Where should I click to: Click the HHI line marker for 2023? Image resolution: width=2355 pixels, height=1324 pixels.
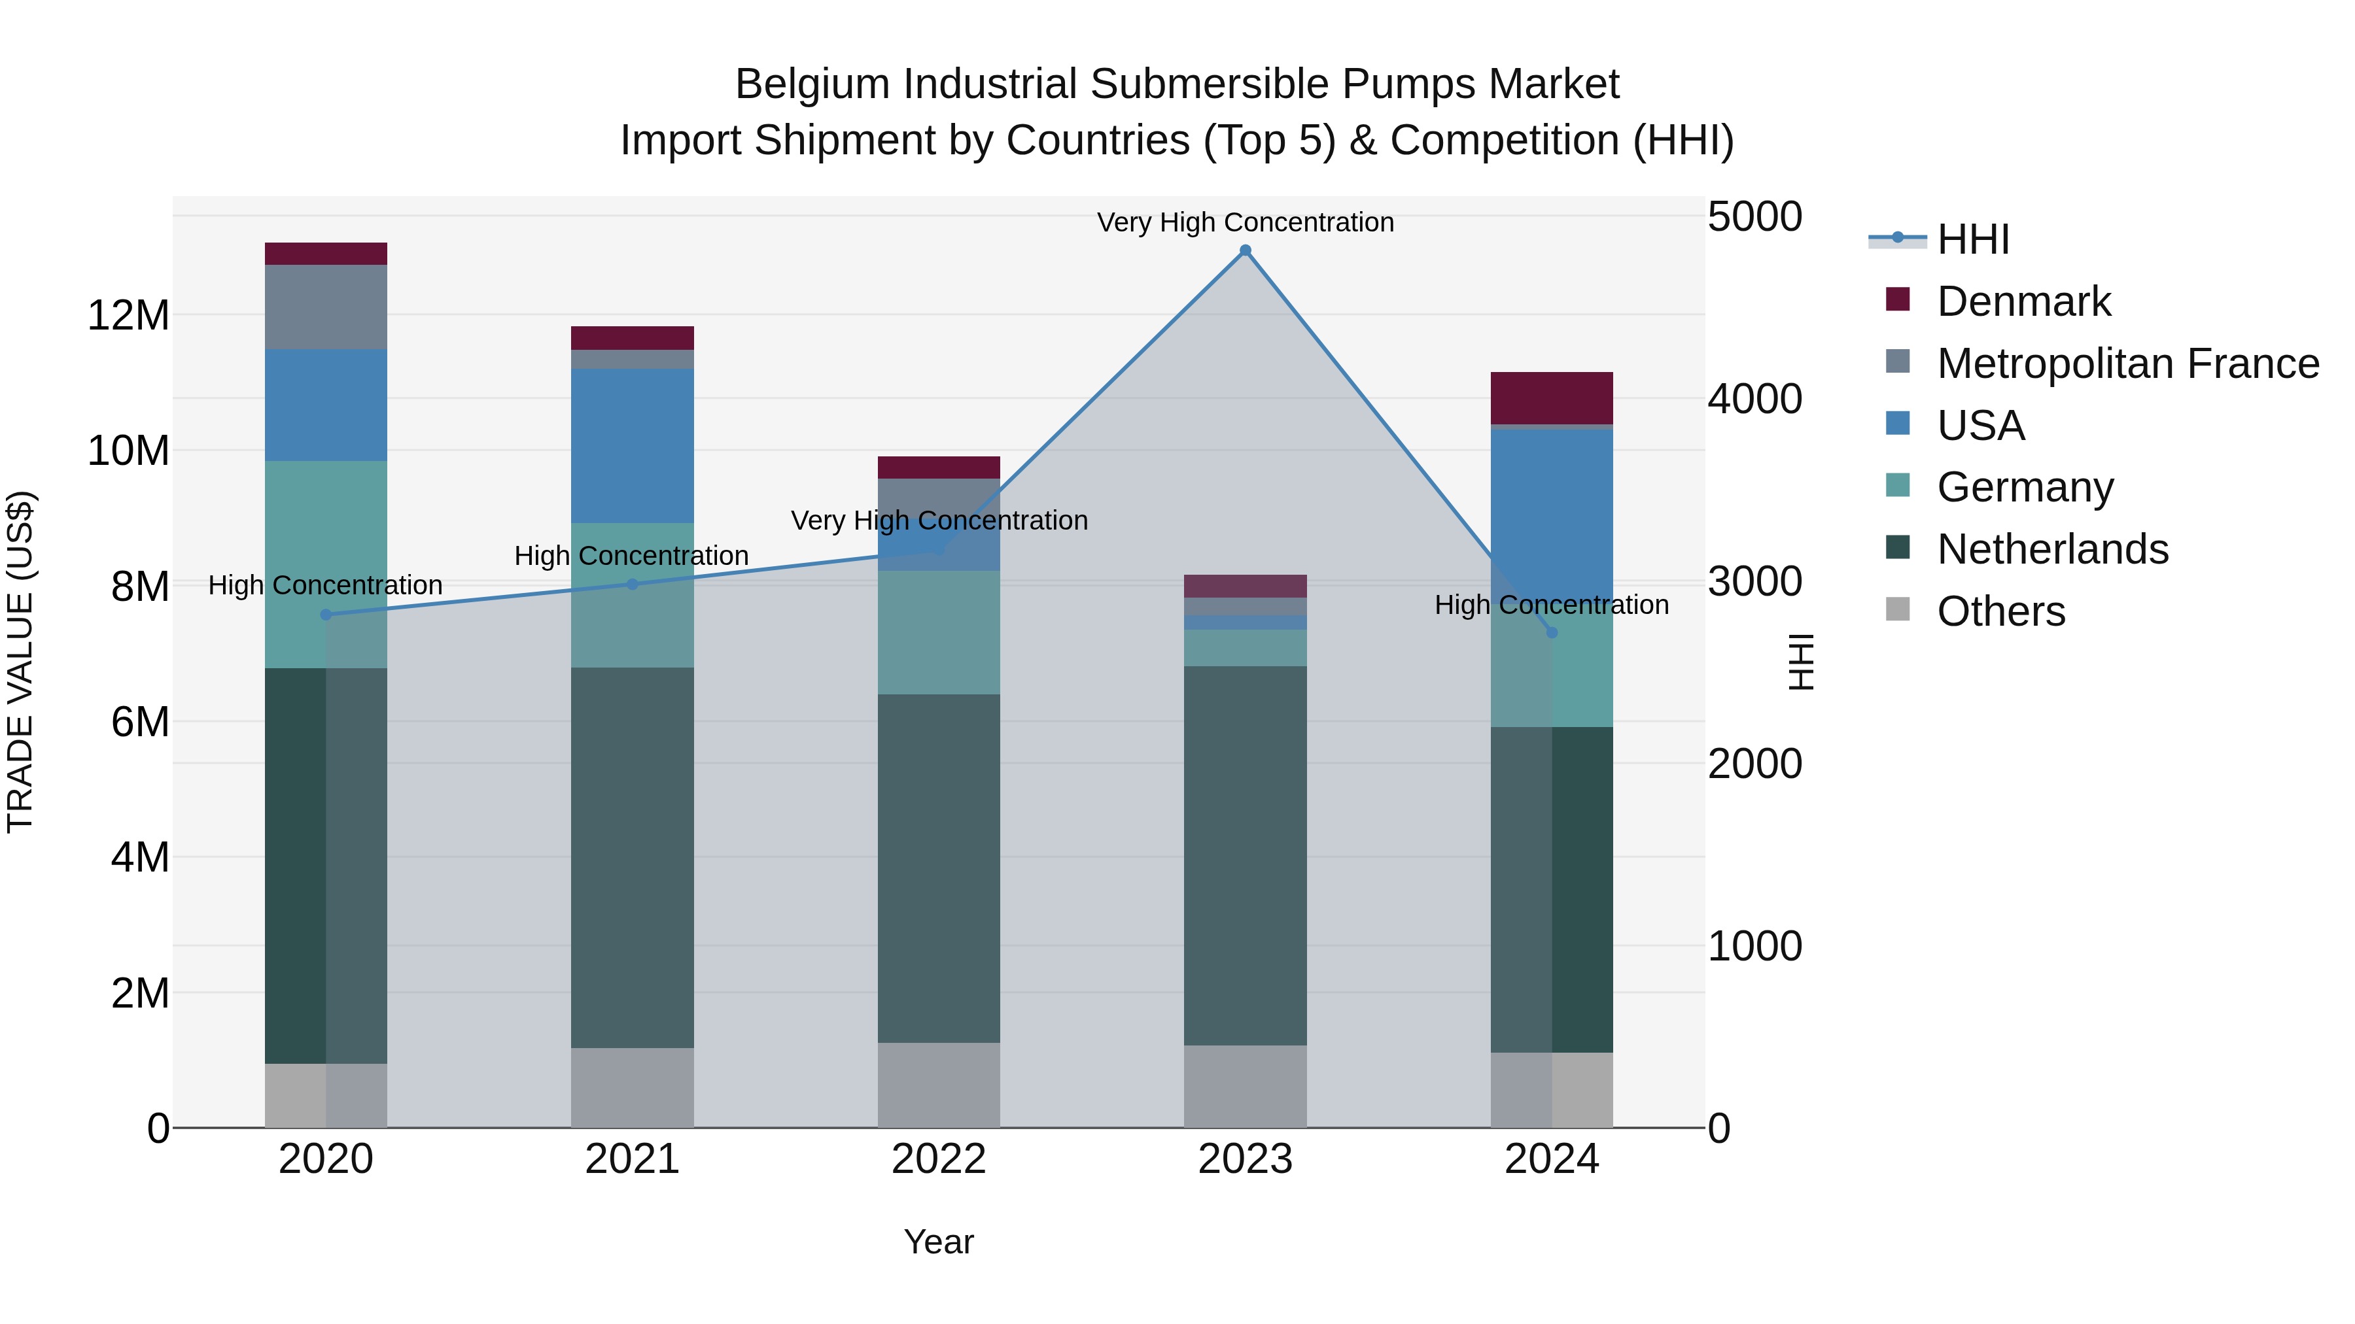pos(1245,250)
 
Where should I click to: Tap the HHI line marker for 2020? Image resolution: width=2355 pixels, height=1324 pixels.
pos(326,615)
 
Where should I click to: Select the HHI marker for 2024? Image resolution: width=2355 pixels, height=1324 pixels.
pos(1552,632)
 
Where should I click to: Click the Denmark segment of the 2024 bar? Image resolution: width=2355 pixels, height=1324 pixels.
pos(1552,398)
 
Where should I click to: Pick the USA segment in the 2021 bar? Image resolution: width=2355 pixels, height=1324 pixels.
pos(632,446)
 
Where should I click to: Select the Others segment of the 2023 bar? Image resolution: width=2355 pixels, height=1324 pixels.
pos(1245,1087)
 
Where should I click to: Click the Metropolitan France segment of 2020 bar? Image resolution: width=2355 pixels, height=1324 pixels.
pos(326,307)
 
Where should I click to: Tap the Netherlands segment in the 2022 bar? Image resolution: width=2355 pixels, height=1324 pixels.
pos(939,868)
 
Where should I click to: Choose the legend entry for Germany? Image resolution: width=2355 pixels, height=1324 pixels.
pos(2025,487)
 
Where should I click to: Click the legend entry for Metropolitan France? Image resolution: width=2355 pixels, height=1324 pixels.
pos(2127,364)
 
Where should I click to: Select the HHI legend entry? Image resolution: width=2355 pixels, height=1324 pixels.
pos(1972,239)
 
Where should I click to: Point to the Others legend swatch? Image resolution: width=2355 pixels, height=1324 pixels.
pos(1898,609)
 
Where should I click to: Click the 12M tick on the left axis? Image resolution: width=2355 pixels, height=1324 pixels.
pos(128,315)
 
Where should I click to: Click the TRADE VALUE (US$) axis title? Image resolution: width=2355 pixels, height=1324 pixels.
pos(20,662)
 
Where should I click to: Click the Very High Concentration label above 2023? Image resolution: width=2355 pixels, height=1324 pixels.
pos(1245,222)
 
